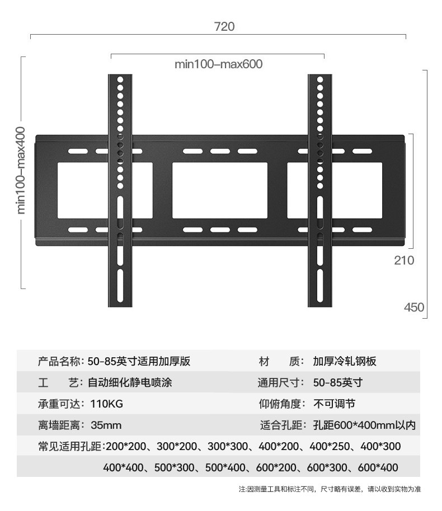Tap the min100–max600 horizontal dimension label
218,64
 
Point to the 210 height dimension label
403,260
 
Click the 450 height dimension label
414,307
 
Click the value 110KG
107,404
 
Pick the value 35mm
106,425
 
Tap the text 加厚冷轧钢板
345,361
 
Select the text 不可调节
334,404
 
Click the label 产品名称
60,361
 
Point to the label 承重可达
60,404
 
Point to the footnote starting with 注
330,489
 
